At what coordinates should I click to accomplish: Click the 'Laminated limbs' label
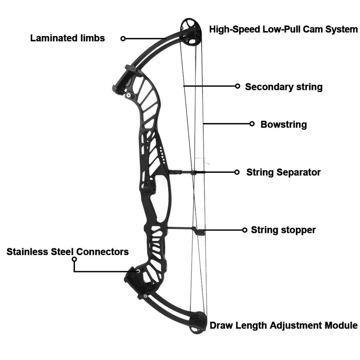67,38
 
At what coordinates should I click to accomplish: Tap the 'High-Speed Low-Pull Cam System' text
283,29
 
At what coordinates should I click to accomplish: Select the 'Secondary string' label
284,87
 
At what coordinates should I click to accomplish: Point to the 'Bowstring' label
283,124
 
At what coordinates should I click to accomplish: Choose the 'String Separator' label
283,172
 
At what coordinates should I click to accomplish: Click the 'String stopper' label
283,230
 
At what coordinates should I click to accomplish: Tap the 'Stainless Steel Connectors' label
67,252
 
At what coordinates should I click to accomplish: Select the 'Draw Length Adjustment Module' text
283,325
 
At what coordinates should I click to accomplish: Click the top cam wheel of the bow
190,31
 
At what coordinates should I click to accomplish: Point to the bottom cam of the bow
198,322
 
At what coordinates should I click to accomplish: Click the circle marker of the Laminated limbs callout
123,39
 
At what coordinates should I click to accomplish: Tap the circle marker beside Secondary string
238,86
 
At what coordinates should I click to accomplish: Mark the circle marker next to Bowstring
252,124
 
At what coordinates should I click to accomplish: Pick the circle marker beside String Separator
237,172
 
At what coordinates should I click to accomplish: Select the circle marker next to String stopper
245,230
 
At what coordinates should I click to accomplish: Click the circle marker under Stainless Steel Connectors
74,259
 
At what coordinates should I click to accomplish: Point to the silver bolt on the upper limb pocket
129,95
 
